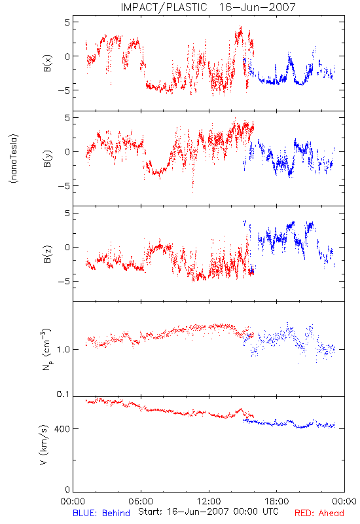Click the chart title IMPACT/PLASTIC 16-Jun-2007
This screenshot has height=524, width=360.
[x=208, y=7]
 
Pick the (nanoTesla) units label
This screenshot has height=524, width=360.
[x=14, y=159]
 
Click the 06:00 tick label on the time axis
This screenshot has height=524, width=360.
[x=141, y=502]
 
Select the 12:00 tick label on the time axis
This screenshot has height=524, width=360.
[x=209, y=502]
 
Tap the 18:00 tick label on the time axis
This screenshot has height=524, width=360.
[x=276, y=502]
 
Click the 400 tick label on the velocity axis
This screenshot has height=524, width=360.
[x=62, y=429]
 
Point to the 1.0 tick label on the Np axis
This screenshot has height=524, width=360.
[x=63, y=350]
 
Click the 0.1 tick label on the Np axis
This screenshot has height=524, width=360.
[x=63, y=394]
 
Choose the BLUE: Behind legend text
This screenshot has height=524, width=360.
[x=101, y=513]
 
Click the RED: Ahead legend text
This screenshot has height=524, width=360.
[x=319, y=513]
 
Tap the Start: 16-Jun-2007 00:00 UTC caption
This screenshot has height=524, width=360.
[x=208, y=512]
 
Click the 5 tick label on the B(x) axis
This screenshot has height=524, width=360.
[x=67, y=22]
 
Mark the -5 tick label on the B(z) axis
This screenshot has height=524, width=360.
[x=63, y=282]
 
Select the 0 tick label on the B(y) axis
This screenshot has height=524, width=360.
[x=67, y=152]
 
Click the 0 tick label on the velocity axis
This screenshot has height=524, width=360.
[x=67, y=489]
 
